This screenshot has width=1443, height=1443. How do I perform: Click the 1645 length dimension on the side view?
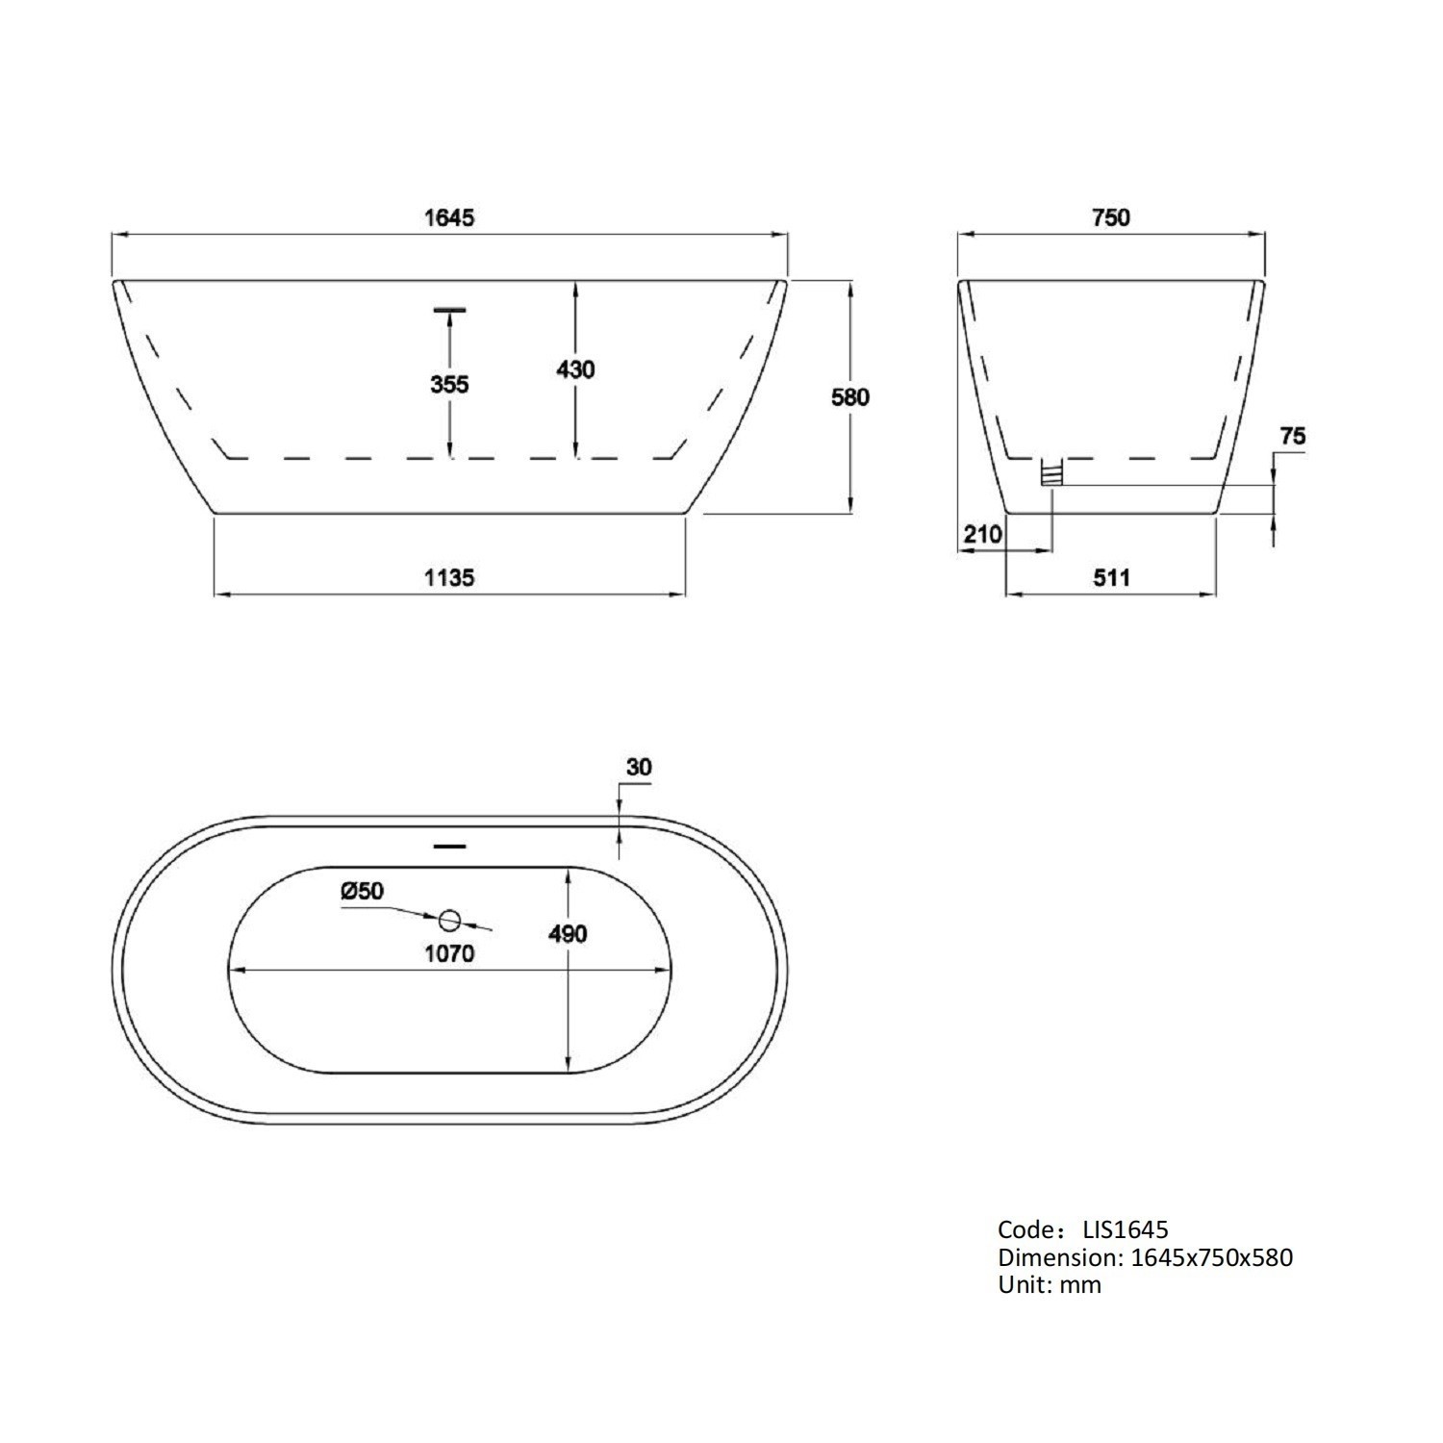tap(449, 217)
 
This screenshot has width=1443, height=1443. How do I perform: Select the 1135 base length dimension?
tap(449, 577)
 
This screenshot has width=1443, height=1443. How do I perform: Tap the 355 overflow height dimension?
tap(449, 385)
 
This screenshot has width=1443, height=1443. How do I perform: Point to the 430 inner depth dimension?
tap(575, 369)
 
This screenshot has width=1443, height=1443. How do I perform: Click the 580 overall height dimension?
tap(850, 396)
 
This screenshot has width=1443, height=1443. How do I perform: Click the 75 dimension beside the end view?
tap(1293, 437)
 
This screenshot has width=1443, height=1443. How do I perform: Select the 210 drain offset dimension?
tap(983, 534)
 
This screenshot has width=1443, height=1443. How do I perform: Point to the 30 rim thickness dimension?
tap(639, 768)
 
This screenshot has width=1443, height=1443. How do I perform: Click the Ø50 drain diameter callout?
tap(362, 892)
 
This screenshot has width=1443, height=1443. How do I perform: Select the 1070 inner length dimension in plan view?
tap(449, 954)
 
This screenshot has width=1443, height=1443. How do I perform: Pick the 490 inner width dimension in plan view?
tap(568, 934)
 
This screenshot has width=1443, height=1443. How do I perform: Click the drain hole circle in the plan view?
tap(449, 921)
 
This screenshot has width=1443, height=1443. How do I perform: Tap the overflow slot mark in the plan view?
tap(449, 847)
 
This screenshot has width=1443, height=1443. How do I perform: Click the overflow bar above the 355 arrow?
tap(449, 310)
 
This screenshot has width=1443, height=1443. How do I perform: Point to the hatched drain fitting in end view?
tap(1051, 472)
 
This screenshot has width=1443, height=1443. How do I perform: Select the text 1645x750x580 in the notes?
tap(1211, 1257)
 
